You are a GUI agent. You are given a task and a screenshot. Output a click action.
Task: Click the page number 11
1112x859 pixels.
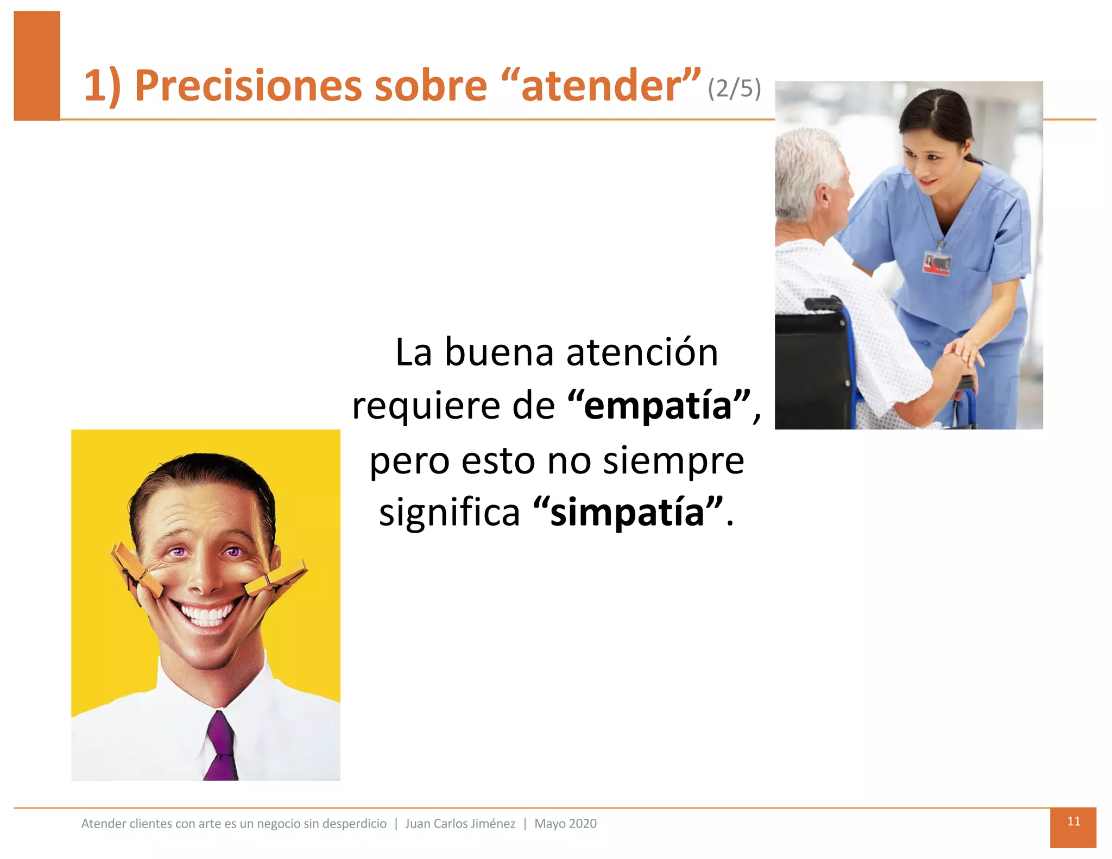coord(1073,821)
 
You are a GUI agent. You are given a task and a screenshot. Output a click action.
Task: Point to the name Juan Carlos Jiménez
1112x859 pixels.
coord(460,824)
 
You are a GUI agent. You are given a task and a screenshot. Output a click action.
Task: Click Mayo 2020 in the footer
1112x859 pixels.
coord(565,824)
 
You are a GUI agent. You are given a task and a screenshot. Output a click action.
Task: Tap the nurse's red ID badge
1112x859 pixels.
coord(937,263)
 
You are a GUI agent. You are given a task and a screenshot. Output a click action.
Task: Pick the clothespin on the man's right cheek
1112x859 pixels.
coord(136,570)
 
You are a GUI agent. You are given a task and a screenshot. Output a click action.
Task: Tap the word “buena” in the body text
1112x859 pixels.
coord(499,353)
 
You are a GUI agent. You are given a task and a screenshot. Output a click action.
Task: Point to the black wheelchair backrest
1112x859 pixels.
coord(811,369)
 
